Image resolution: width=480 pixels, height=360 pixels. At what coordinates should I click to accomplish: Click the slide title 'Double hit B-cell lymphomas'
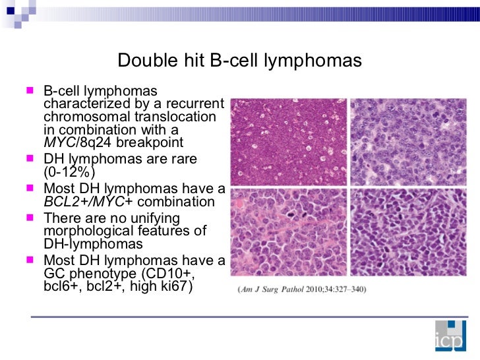pyautogui.click(x=239, y=61)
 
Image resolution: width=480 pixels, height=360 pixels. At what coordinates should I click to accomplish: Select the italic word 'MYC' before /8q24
pyautogui.click(x=57, y=143)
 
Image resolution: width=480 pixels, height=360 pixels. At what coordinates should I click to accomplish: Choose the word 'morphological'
pyautogui.click(x=84, y=231)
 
